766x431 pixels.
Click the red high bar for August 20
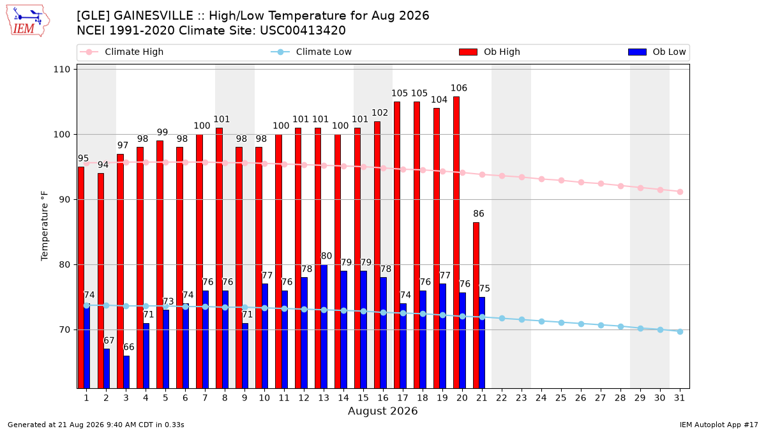[456, 242]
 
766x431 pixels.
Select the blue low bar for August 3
[126, 372]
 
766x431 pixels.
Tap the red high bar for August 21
[476, 305]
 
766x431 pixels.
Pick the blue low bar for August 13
[324, 326]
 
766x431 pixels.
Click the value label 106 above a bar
[459, 88]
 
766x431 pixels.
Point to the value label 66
[129, 347]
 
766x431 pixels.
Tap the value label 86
[479, 213]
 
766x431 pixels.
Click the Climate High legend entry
[122, 52]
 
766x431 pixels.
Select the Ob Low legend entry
[657, 52]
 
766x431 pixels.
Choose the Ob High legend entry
[490, 52]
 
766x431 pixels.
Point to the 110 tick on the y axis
[61, 70]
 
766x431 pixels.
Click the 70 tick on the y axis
[64, 329]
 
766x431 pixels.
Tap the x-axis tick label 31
[679, 398]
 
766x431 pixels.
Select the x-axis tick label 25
[561, 398]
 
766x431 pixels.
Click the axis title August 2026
[382, 411]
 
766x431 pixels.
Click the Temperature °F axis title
[45, 226]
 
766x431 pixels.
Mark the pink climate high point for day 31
[680, 192]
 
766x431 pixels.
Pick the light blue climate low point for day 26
[581, 324]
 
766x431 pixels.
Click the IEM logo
[27, 21]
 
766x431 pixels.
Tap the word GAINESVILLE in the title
[153, 16]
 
